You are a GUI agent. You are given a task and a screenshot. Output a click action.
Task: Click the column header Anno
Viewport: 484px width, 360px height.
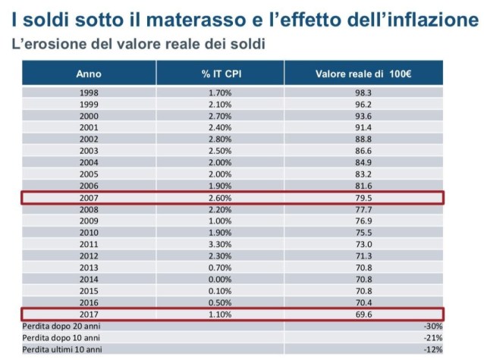[x=89, y=74]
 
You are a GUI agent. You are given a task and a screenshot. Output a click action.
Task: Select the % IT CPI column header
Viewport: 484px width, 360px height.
[x=221, y=74]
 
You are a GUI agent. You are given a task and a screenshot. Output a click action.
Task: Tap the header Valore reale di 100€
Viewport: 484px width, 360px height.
[x=363, y=74]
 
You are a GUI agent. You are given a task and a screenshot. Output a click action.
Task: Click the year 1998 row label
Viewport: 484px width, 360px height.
[x=89, y=92]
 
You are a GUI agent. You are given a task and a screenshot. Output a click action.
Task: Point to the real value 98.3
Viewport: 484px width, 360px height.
[x=363, y=92]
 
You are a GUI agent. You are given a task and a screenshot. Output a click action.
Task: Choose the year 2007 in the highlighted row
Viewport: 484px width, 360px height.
[x=89, y=199]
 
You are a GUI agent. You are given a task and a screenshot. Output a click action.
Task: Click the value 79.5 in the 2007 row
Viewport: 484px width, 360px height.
[x=363, y=199]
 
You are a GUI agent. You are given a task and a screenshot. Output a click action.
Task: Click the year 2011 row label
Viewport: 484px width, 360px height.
[x=89, y=246]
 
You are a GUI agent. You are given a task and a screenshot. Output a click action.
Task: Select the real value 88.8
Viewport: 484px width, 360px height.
[x=363, y=139]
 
